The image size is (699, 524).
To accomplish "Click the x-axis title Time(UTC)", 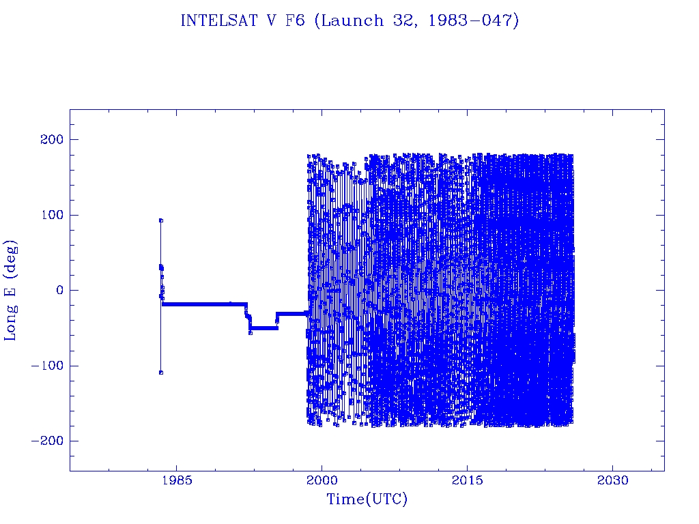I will tap(367, 499).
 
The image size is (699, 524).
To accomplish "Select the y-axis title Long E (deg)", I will tap(12, 290).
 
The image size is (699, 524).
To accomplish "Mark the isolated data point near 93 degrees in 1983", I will tap(160, 220).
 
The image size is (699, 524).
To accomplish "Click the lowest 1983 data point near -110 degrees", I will tap(160, 373).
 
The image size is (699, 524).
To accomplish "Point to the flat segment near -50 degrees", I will tap(263, 328).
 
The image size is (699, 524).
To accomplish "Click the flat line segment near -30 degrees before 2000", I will tap(291, 313).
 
